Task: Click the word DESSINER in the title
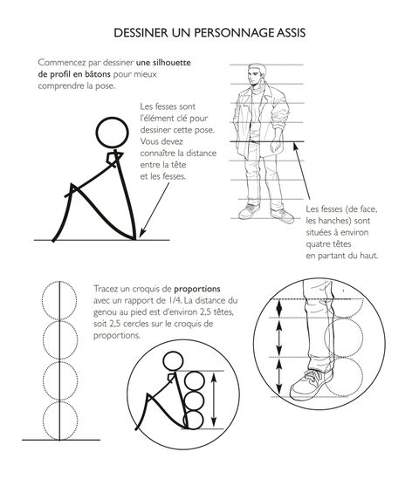(141, 32)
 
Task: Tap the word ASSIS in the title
(291, 32)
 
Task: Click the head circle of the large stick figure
(112, 119)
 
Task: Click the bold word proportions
(197, 289)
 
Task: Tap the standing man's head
(257, 74)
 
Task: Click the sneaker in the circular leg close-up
(312, 384)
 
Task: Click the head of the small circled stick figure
(174, 352)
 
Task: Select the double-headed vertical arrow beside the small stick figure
(214, 400)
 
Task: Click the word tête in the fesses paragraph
(178, 165)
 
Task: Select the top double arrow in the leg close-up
(279, 308)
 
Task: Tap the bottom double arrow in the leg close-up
(279, 377)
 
